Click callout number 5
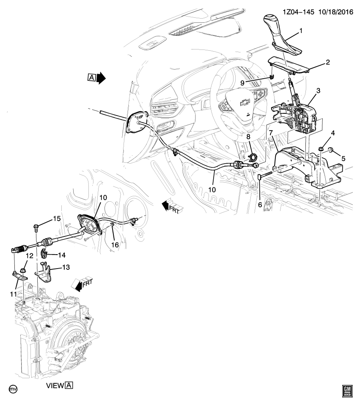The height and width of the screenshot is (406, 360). coord(343,158)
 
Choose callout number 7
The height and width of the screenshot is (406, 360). coord(270,134)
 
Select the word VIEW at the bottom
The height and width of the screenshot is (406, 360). coord(55,385)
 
